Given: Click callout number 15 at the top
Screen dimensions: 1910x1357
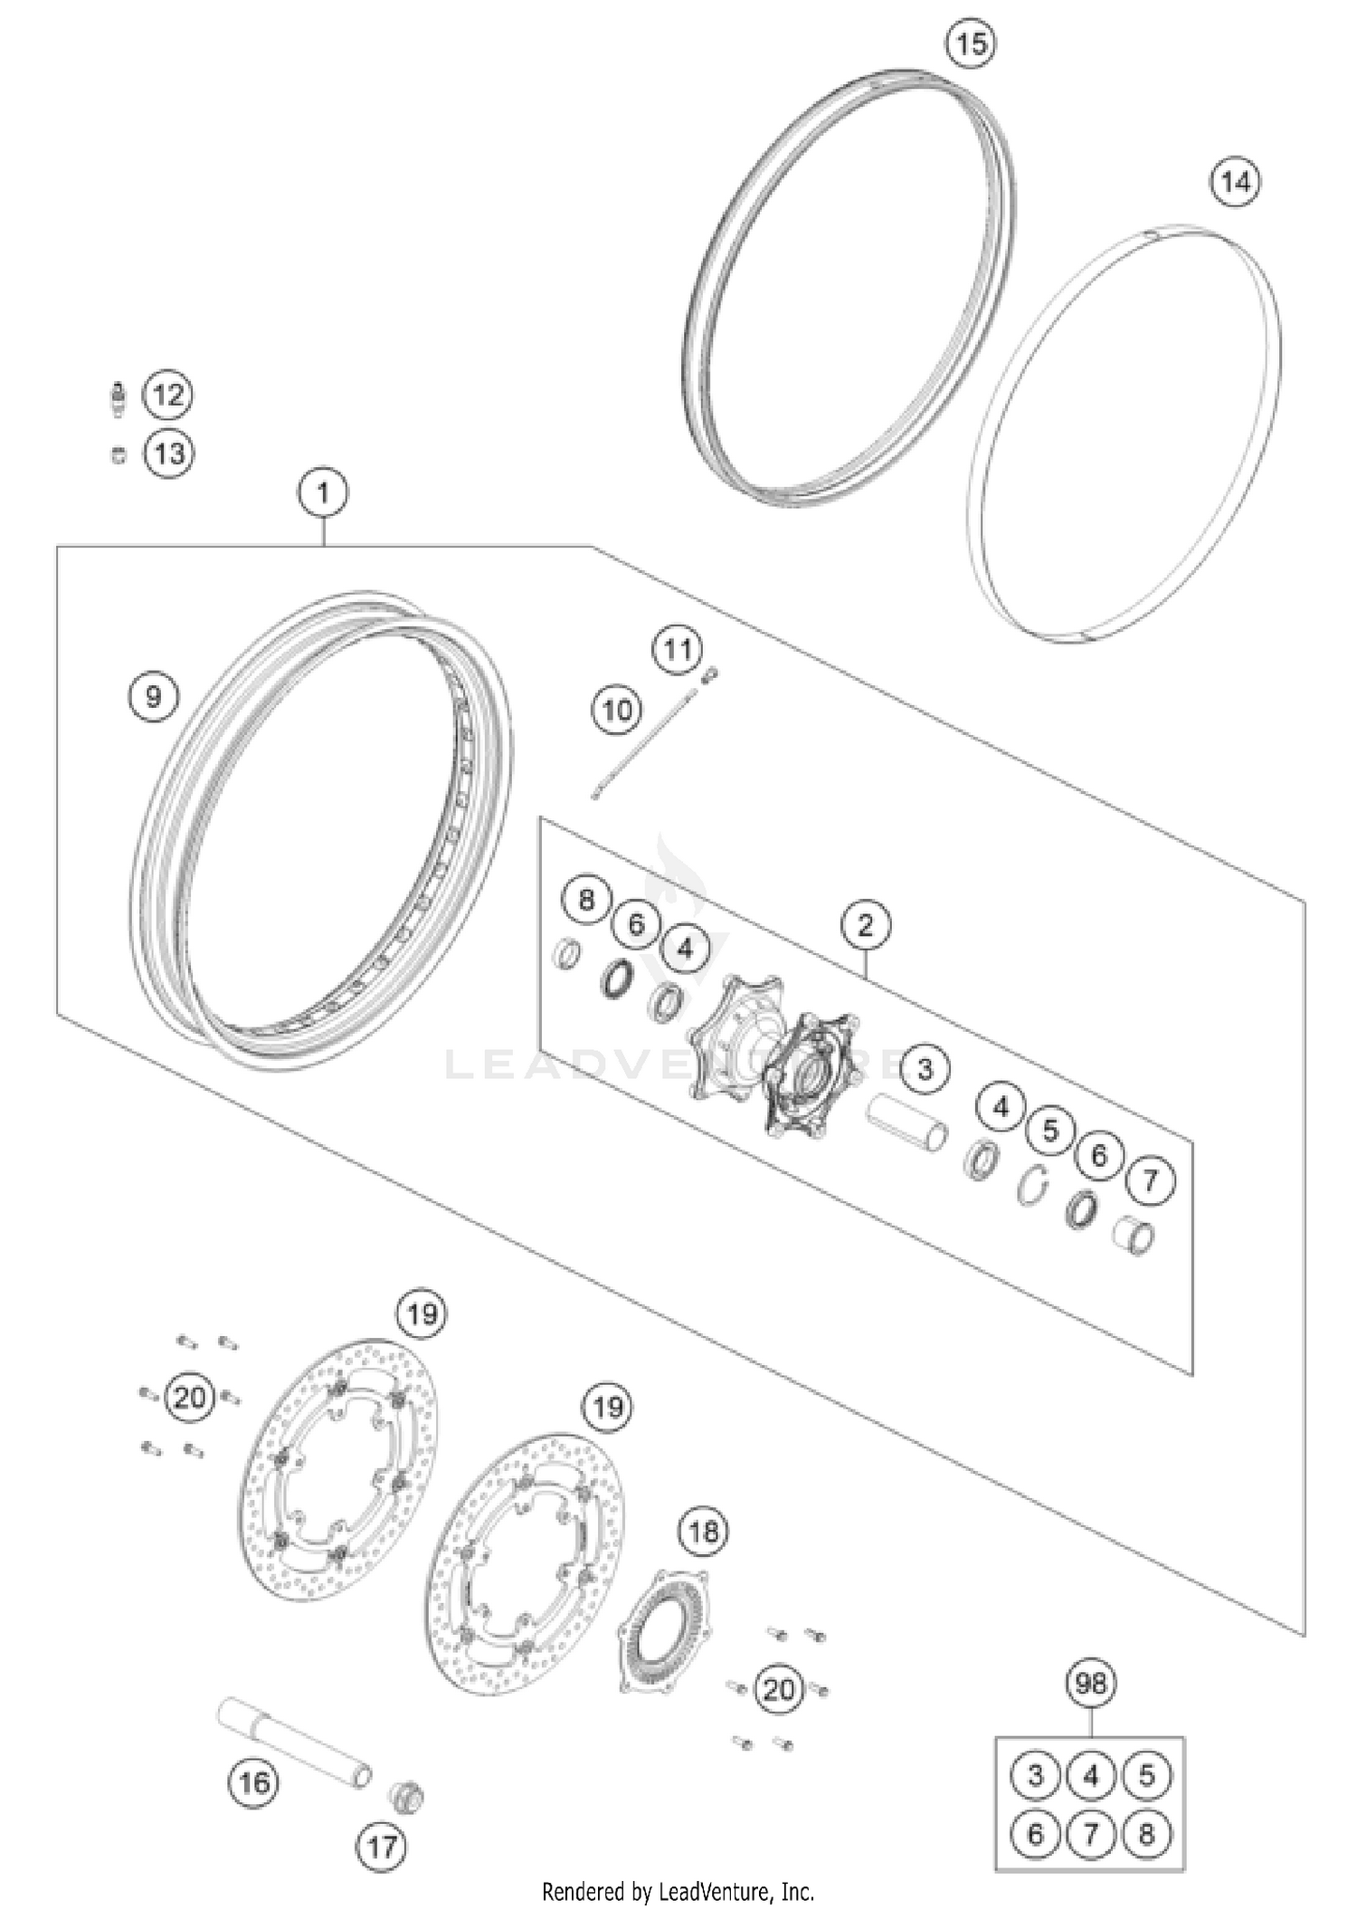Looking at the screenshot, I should [x=971, y=43].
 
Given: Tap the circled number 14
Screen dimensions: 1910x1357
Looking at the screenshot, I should [x=1236, y=182].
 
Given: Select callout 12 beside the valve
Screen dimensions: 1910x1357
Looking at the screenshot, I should [x=169, y=396].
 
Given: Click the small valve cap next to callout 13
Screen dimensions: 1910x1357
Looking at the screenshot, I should [x=119, y=454].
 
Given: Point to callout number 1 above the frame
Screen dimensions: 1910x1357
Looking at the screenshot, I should [x=323, y=493].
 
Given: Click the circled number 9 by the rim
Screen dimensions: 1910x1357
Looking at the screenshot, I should [x=153, y=696].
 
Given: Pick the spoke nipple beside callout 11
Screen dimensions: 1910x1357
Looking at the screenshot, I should [x=711, y=673].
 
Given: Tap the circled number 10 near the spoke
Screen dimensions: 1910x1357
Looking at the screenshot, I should [x=617, y=710].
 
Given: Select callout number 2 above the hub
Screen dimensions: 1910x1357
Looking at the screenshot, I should [x=866, y=925].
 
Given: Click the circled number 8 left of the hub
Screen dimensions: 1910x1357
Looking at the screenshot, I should [x=586, y=900].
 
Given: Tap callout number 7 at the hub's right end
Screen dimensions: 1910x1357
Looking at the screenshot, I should [x=1150, y=1180].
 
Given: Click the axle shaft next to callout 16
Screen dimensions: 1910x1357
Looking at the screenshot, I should [x=295, y=1742].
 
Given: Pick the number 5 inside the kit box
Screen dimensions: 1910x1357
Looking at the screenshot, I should [x=1146, y=1775].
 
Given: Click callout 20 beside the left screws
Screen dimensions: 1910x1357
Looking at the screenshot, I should [x=190, y=1398].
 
